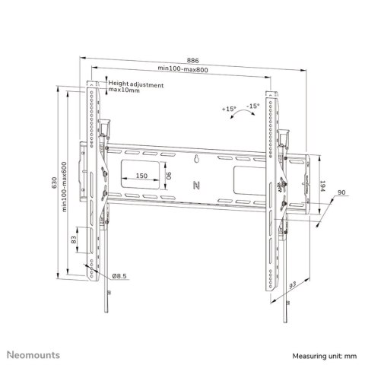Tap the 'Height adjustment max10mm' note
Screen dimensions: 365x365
pyautogui.click(x=135, y=88)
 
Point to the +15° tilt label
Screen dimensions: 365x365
pyautogui.click(x=230, y=109)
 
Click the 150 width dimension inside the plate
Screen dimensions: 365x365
pyautogui.click(x=141, y=176)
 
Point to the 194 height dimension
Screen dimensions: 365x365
pyautogui.click(x=322, y=186)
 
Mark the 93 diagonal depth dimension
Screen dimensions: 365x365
pyautogui.click(x=292, y=285)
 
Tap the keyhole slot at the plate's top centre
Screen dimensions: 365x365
pyautogui.click(x=195, y=159)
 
